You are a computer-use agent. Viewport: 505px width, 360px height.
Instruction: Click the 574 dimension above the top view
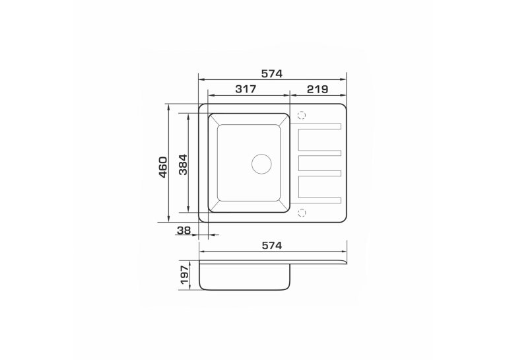pos(272,74)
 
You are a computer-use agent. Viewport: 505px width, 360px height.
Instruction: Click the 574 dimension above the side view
pos(272,246)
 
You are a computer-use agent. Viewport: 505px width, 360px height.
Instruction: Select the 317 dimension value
pos(246,89)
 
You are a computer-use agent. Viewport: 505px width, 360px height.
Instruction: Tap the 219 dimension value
pos(318,89)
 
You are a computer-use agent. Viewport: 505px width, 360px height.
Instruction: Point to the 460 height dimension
pos(163,167)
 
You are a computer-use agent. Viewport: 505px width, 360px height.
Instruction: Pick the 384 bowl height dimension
pos(183,164)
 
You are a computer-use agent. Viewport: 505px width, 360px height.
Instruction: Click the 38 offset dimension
pos(184,230)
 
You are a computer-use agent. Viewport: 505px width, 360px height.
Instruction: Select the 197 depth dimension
pos(184,275)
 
